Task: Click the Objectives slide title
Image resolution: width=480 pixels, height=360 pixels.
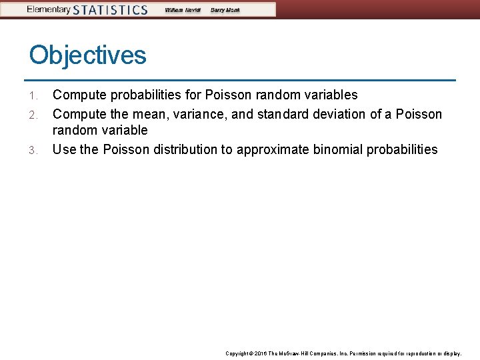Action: [x=87, y=55]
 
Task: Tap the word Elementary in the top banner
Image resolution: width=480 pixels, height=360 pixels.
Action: [x=48, y=9]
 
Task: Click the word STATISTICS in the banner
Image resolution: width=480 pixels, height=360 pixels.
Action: [x=110, y=10]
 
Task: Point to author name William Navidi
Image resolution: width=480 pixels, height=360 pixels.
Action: [x=182, y=10]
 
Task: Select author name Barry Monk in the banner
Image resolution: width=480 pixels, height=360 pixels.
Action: [x=225, y=10]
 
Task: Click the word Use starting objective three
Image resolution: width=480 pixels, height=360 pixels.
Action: [x=64, y=149]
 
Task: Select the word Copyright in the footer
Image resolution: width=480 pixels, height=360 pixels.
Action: [x=238, y=353]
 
